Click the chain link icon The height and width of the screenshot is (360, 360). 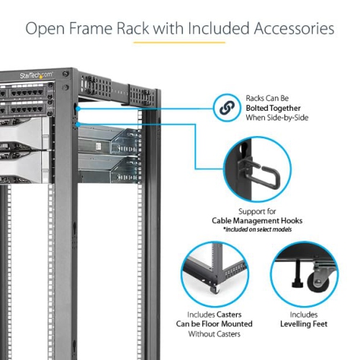point(227,107)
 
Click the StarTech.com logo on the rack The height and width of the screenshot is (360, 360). point(36,75)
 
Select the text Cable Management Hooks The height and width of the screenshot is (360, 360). point(257,221)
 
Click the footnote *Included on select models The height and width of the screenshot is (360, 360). point(257,230)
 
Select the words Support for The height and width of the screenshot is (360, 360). point(257,211)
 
